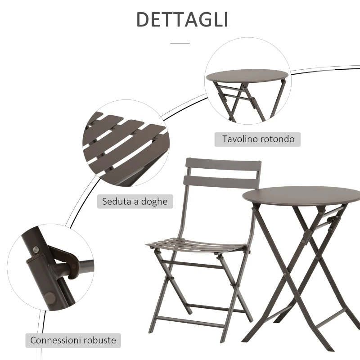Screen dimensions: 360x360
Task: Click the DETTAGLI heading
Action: click(x=182, y=20)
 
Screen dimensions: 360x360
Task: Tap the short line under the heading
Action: click(x=180, y=43)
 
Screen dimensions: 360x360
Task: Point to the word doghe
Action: click(x=153, y=202)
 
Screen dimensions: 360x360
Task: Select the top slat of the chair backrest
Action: click(x=223, y=165)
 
